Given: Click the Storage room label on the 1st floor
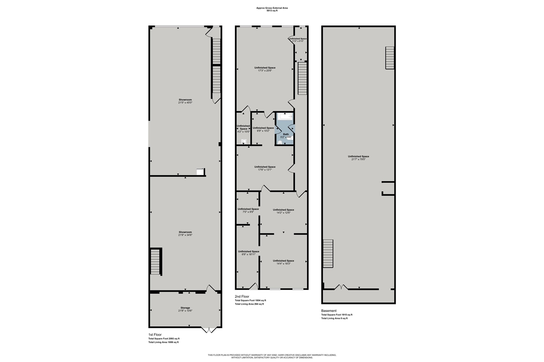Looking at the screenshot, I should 185,308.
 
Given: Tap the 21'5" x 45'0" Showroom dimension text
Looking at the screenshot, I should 185,103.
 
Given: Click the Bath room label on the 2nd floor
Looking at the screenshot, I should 286,134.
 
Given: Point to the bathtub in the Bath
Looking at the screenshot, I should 284,116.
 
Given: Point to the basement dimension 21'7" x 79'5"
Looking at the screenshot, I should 358,159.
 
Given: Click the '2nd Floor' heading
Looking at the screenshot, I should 242,296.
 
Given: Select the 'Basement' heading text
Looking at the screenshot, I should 329,311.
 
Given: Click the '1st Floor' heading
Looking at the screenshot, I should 155,334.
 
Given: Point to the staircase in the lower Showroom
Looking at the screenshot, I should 156,261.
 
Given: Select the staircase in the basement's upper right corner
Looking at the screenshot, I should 390,58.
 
